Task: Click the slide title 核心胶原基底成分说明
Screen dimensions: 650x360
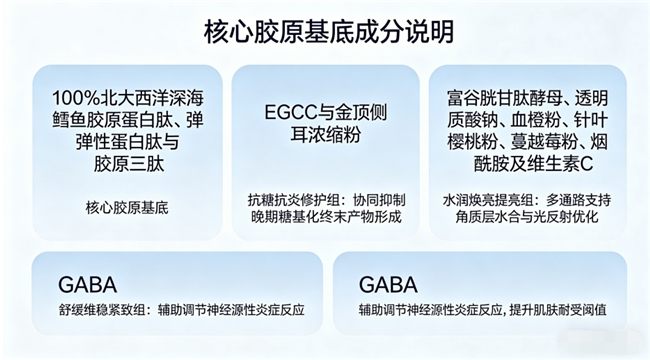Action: click(329, 32)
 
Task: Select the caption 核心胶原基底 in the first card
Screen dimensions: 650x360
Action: click(127, 207)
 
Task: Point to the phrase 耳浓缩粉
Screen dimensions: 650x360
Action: click(325, 134)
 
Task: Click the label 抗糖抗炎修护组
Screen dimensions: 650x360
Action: click(294, 200)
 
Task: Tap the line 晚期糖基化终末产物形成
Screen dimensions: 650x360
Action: click(326, 216)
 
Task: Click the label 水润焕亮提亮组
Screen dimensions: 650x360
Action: click(487, 200)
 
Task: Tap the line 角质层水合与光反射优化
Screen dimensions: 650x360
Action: click(526, 216)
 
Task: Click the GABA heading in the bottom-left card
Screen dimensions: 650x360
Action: click(87, 285)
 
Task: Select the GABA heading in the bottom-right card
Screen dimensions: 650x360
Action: click(388, 285)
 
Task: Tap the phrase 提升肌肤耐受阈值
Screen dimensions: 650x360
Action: click(558, 310)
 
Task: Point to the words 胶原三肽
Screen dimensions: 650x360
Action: click(129, 164)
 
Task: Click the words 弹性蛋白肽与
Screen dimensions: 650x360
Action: click(127, 142)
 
